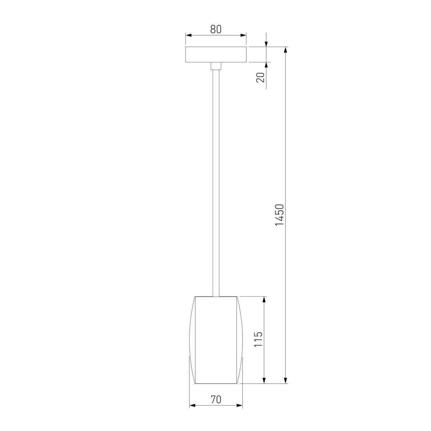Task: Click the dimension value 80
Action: [215, 29]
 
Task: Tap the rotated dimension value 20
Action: [261, 77]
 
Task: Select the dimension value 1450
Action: [280, 215]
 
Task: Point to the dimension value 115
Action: [259, 339]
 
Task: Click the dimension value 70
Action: [215, 399]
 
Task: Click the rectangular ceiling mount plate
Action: [215, 55]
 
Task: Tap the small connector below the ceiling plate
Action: [215, 66]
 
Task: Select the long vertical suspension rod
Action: [215, 180]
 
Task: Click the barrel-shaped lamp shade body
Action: [215, 340]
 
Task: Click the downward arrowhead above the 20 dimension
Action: [266, 44]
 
